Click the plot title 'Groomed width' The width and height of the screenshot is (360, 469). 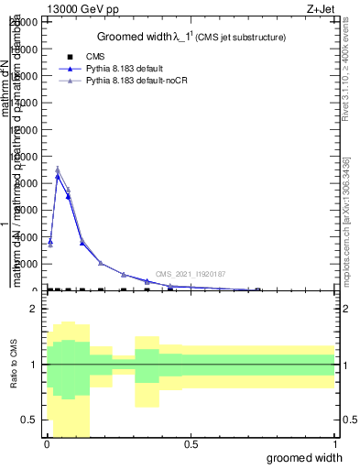[x=147, y=37]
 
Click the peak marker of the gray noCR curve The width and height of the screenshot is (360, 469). [x=58, y=169]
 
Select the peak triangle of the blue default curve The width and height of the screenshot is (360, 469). [x=58, y=177]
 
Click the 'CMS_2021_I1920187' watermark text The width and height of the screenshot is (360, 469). [x=190, y=274]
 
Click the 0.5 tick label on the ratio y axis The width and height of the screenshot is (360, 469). [x=30, y=420]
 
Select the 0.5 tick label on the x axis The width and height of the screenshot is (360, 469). [x=191, y=444]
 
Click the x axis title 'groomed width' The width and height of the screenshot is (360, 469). [x=310, y=457]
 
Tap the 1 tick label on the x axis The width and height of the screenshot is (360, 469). [x=333, y=444]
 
